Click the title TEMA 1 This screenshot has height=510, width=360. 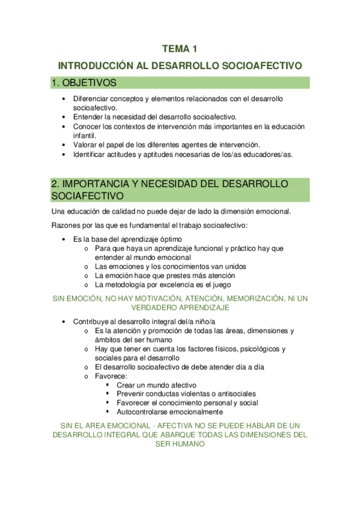(x=180, y=49)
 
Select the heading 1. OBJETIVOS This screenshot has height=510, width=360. (x=84, y=82)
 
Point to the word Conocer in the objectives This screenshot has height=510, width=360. (x=88, y=127)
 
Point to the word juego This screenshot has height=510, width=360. (x=221, y=285)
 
